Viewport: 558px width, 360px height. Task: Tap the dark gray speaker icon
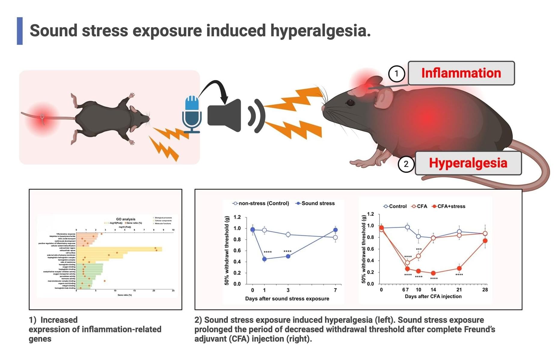pos(225,115)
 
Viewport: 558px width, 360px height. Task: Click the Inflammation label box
pos(461,73)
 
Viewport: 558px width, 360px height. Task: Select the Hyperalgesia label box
pos(468,163)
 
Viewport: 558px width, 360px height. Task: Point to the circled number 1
pos(397,73)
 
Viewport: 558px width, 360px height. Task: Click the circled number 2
pos(406,164)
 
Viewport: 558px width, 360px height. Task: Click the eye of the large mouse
pos(351,103)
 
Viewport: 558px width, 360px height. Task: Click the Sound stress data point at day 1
pos(264,259)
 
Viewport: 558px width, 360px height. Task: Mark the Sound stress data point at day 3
pos(288,256)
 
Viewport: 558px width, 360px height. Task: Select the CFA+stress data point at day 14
pos(433,273)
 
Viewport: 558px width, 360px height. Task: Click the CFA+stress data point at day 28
pos(485,241)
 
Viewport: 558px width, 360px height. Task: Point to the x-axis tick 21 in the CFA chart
pos(459,290)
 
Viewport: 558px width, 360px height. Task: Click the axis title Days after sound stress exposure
pos(287,299)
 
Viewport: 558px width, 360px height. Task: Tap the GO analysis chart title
pos(126,219)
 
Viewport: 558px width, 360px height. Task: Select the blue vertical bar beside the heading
pos(20,31)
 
